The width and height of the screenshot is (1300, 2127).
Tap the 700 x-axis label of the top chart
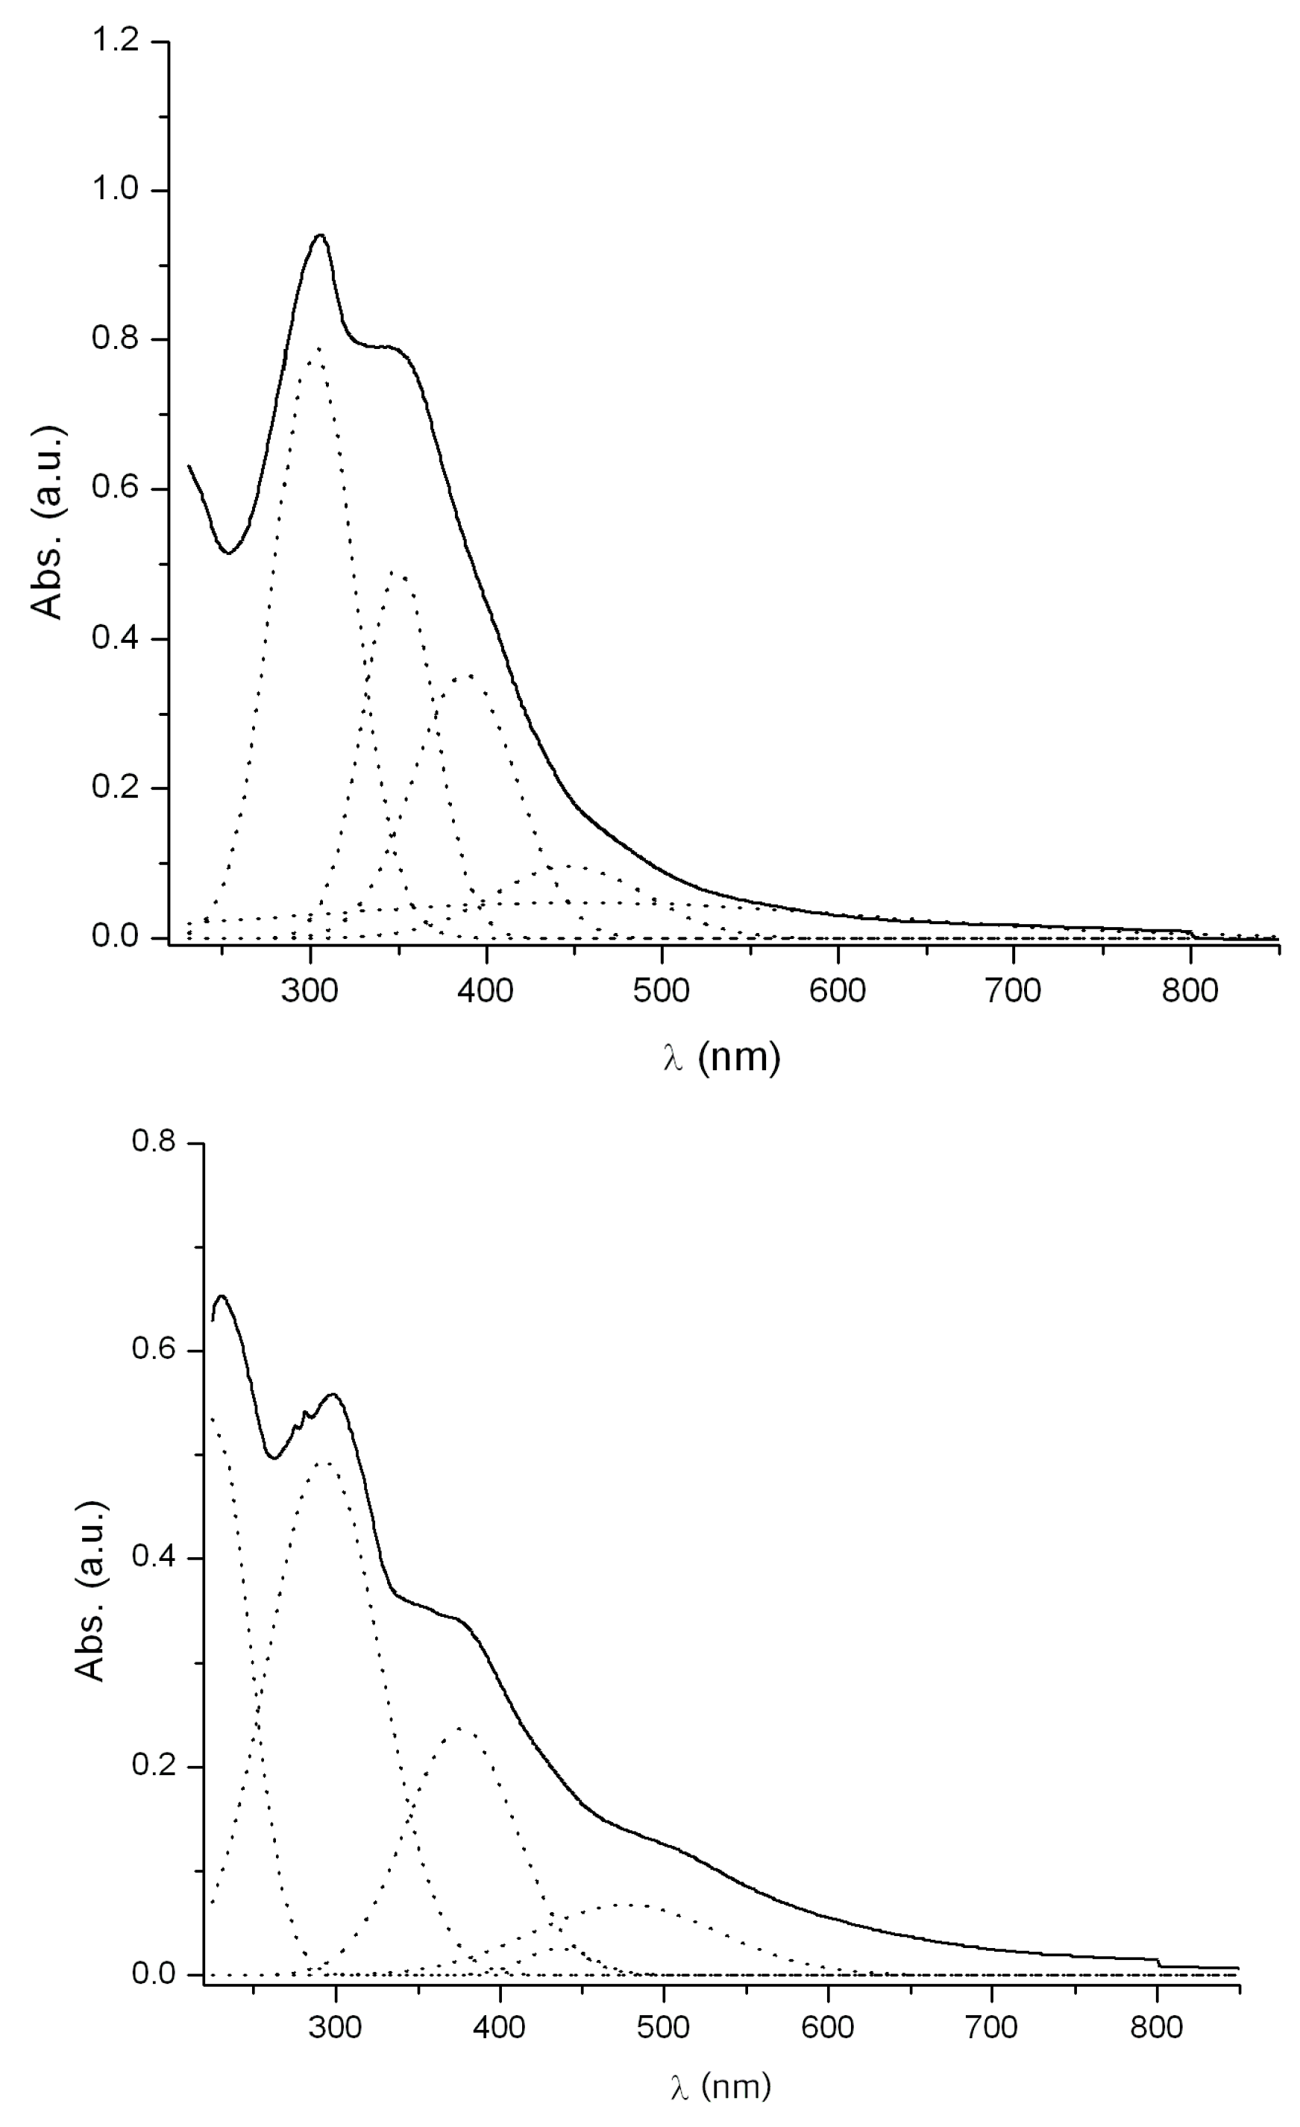(1013, 990)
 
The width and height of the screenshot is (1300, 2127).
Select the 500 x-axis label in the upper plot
(662, 990)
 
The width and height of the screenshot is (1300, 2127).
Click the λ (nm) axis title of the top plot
(723, 1057)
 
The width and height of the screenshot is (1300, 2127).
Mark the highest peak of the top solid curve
(320, 235)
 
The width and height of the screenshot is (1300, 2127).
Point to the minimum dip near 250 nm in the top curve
(227, 553)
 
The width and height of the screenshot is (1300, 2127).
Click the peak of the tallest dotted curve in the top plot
(317, 348)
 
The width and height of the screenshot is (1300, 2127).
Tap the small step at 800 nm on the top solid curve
(1192, 933)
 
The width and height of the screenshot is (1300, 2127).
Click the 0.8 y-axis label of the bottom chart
(153, 1141)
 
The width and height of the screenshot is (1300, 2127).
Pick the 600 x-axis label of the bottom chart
(827, 2027)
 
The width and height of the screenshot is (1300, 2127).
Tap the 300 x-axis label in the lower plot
(335, 2027)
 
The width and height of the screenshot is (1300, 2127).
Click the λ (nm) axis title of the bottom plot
(720, 2087)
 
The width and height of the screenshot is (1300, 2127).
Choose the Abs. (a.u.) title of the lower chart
(92, 1591)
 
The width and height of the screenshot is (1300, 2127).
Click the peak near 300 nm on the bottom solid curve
(333, 1394)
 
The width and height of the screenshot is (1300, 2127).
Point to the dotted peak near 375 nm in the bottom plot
(459, 1728)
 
